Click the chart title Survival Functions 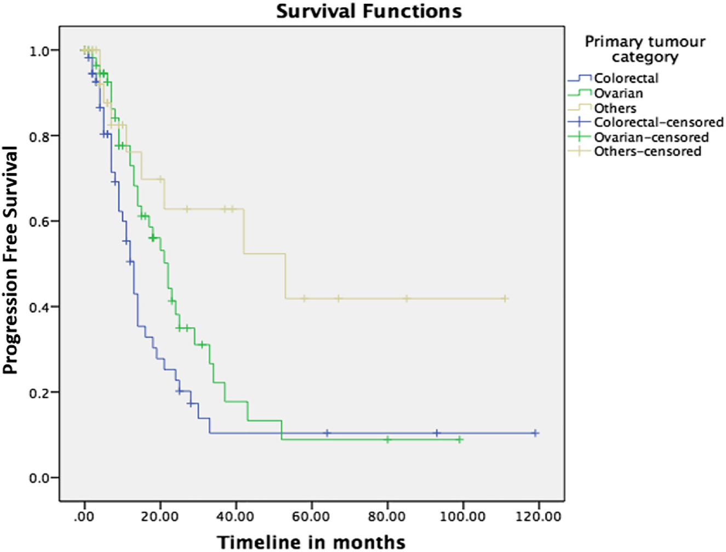point(369,11)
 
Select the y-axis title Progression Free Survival point(10,260)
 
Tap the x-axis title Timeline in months point(311,542)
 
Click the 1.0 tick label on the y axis point(40,50)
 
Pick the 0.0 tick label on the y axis point(40,478)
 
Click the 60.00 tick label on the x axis point(311,517)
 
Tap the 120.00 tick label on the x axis point(538,517)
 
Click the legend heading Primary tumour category point(645,49)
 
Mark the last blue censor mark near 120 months point(535,433)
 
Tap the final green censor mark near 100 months point(460,440)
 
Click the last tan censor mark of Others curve point(505,299)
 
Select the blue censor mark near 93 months point(437,433)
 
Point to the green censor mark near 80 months point(387,440)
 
